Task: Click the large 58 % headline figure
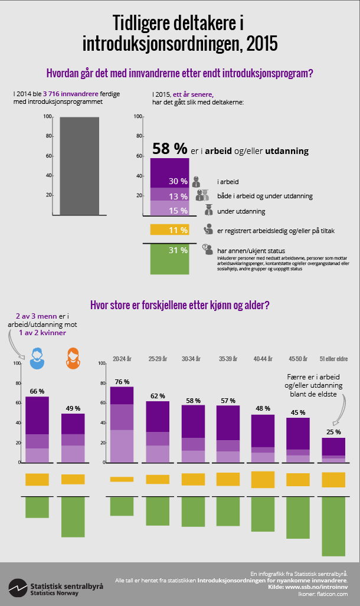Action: coord(170,149)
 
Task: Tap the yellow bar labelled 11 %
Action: coord(169,230)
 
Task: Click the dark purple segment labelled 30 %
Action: coord(169,173)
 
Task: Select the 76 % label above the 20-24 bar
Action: coord(122,382)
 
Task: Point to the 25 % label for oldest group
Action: coord(333,433)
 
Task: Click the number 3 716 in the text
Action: coord(54,94)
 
